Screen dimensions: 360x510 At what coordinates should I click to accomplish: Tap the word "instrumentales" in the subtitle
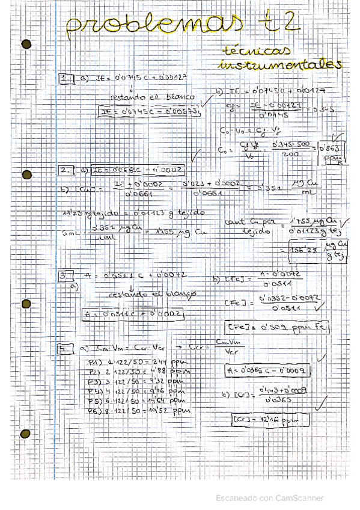pos(281,65)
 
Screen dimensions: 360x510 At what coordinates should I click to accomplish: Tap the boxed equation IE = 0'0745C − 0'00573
pos(149,111)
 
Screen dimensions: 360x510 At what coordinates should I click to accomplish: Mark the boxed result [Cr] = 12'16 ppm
pos(262,419)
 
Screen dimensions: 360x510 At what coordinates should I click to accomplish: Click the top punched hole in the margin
pos(26,43)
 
